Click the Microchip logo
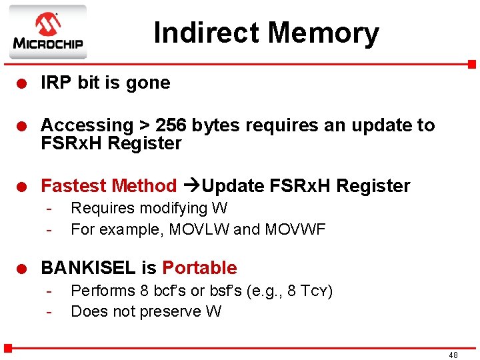pos(47,31)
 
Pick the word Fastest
pos(75,185)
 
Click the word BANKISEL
pos(89,268)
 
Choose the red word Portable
pos(199,268)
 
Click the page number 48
pos(453,355)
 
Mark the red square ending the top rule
pos(471,64)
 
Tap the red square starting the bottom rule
pos(8,347)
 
